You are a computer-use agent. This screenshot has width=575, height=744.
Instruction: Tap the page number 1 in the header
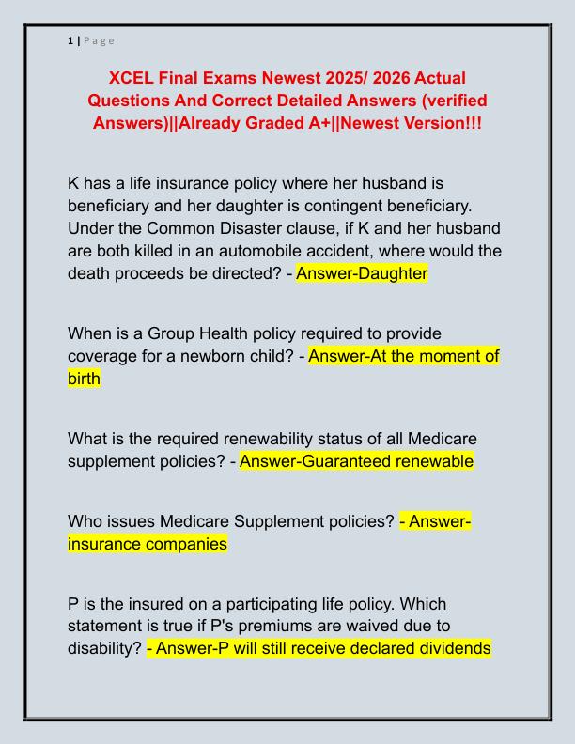[x=70, y=40]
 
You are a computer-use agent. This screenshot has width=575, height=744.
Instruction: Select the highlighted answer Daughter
[x=362, y=273]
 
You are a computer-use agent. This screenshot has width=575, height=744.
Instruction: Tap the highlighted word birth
[x=84, y=380]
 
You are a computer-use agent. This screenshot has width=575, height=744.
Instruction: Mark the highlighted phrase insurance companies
[x=148, y=544]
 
